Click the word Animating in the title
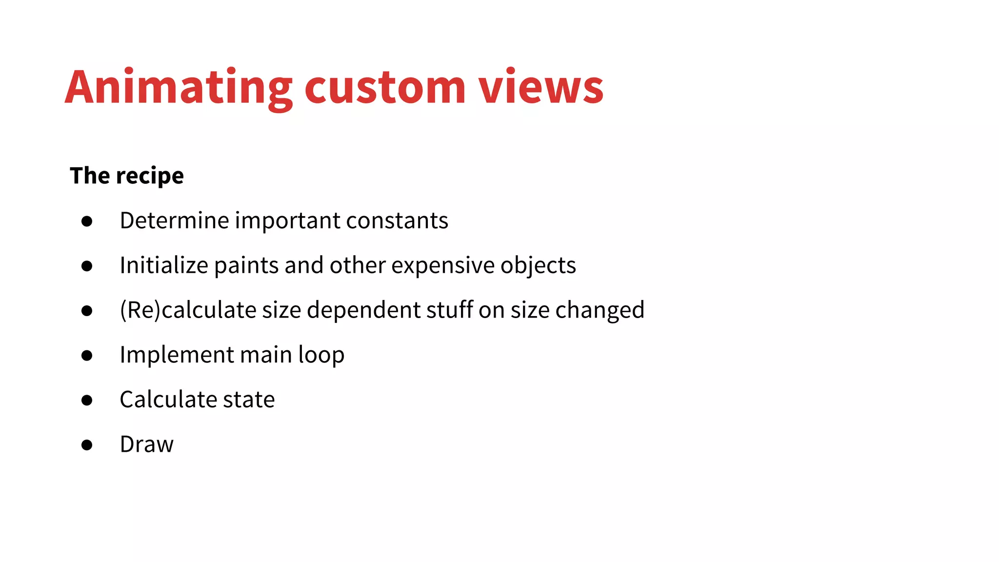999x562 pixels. (179, 88)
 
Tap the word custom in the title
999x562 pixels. (385, 88)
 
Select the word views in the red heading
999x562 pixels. (540, 88)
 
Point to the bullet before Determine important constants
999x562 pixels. (87, 221)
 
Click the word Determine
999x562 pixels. (174, 221)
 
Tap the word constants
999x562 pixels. (397, 221)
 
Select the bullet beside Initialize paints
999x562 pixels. (87, 266)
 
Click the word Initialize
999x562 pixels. (164, 265)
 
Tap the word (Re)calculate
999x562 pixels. (188, 310)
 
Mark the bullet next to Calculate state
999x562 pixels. (87, 401)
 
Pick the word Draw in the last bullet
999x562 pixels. (146, 444)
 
